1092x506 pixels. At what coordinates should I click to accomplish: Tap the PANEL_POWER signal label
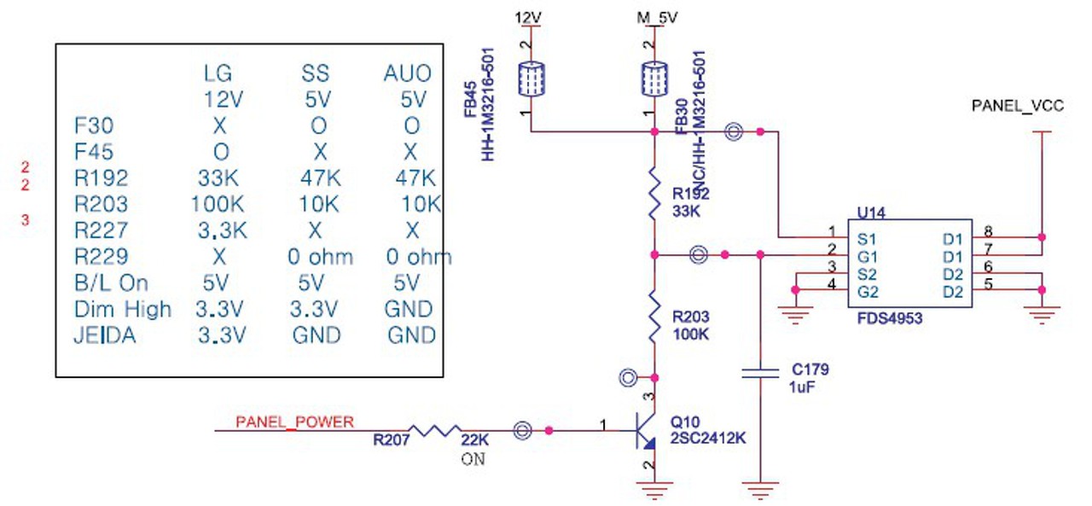(294, 422)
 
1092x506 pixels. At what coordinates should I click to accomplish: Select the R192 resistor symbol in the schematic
(654, 195)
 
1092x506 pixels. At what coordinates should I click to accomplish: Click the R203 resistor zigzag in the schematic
(654, 317)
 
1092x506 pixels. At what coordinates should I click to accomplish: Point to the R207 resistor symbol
(435, 431)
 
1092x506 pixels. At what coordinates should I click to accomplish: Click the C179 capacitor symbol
(759, 372)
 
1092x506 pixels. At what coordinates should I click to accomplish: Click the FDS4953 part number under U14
(890, 318)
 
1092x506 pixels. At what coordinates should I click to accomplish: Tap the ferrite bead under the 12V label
(531, 79)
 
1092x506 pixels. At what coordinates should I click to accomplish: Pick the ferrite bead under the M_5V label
(654, 79)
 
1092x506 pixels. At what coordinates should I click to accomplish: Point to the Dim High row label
(123, 308)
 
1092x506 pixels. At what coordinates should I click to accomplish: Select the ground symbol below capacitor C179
(759, 490)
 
